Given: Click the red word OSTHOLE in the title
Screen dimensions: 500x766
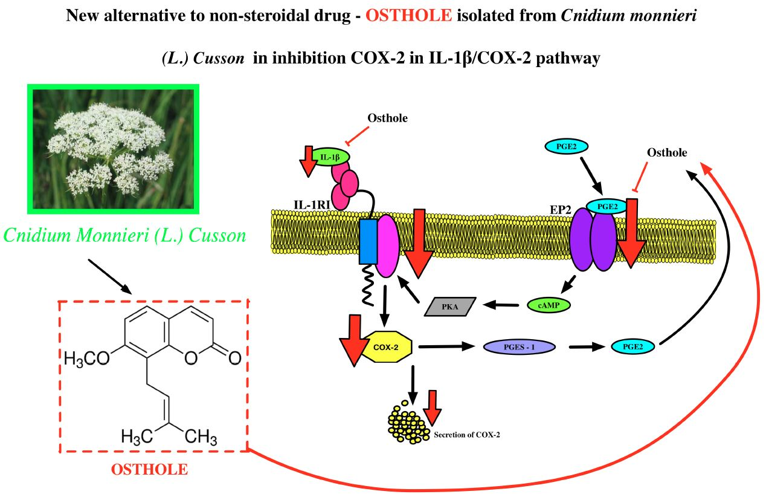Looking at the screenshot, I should (x=408, y=15).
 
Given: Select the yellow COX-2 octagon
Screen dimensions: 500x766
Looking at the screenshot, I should (x=386, y=348).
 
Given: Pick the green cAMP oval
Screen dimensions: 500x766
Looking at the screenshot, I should (x=549, y=305).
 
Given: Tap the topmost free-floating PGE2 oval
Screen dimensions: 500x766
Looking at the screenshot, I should (x=566, y=146).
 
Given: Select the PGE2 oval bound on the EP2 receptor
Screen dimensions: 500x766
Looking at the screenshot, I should (x=607, y=207).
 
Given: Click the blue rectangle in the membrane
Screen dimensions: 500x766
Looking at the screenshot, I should (x=368, y=241).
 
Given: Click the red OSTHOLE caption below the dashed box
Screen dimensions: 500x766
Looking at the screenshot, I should (x=149, y=469).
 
